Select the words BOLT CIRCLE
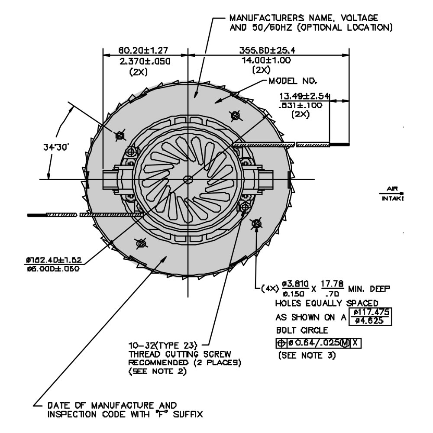297,330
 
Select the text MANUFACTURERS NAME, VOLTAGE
304,18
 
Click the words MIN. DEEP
369,288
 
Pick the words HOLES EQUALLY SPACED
326,303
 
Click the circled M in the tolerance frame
345,343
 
